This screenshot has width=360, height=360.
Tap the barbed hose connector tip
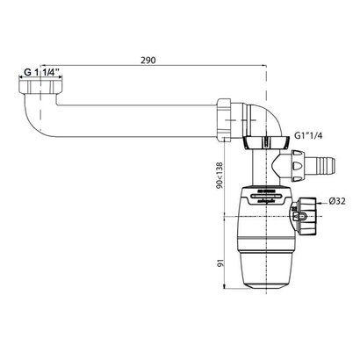coord(328,162)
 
